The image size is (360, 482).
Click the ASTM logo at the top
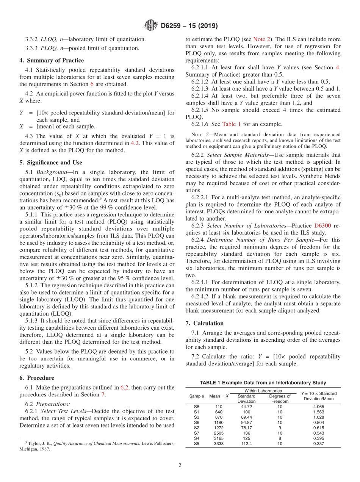(x=151, y=26)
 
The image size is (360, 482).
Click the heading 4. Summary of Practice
(x=52, y=61)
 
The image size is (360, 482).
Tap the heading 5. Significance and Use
(x=51, y=163)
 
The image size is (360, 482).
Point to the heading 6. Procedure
(x=37, y=378)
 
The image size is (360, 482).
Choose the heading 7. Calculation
(x=205, y=323)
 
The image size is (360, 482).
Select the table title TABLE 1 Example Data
(x=263, y=383)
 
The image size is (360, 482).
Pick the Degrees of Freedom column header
(x=280, y=399)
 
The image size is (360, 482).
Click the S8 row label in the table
(x=196, y=407)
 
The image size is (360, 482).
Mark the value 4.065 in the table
(x=318, y=407)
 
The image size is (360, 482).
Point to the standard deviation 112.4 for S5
(x=246, y=444)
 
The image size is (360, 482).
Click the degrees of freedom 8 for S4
(x=280, y=438)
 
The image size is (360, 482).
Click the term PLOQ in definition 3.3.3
(x=47, y=48)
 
